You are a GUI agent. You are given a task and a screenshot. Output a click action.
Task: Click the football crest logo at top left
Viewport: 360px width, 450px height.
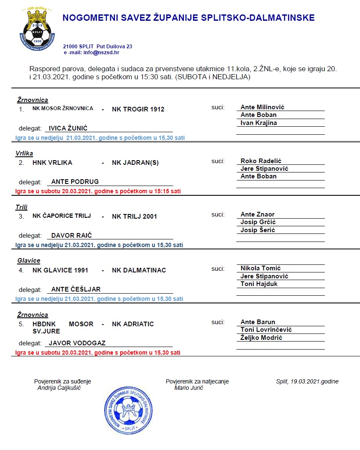pos(39,27)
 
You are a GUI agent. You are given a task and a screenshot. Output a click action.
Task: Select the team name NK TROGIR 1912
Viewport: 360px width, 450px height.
pos(138,109)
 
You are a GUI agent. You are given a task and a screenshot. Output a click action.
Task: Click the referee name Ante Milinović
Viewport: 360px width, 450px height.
pos(262,107)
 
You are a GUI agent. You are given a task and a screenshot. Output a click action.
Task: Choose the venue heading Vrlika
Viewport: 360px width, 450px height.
pos(24,153)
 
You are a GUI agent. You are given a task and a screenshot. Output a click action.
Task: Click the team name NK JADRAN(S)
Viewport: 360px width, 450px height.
pos(135,163)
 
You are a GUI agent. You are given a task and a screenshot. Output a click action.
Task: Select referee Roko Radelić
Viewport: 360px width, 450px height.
pos(261,161)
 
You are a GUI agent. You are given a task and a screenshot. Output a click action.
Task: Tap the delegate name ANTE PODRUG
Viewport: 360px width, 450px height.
pos(75,181)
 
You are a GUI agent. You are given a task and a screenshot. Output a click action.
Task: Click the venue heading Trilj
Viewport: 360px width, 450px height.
pos(22,207)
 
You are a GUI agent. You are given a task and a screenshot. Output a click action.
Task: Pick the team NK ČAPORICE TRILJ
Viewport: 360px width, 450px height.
pos(62,216)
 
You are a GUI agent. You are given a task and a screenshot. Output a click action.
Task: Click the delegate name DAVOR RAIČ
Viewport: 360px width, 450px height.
pos(72,235)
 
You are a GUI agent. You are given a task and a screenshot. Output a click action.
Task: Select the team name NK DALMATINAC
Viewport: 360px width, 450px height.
pos(139,270)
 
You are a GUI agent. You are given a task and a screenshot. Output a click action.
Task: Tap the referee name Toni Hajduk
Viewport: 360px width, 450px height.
pos(259,284)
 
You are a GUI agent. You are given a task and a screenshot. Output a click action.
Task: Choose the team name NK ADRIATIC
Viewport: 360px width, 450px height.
pos(133,324)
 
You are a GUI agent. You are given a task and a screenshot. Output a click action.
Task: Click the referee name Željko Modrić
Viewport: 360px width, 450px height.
pos(261,338)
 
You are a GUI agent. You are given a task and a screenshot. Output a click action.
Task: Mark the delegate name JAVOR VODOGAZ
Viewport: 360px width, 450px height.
pos(77,343)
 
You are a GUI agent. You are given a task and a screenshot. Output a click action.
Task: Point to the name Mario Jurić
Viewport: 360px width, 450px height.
pos(188,388)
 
